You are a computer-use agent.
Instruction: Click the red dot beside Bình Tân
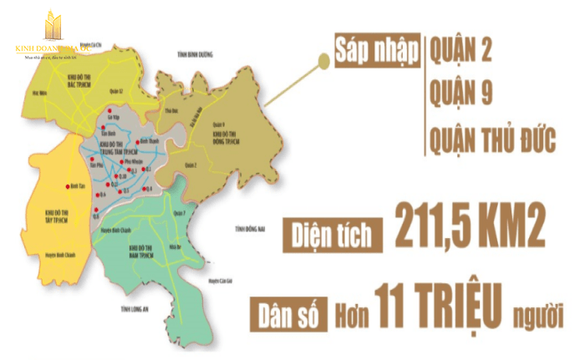point(68,186)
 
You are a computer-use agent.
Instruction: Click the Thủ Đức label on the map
point(174,111)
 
